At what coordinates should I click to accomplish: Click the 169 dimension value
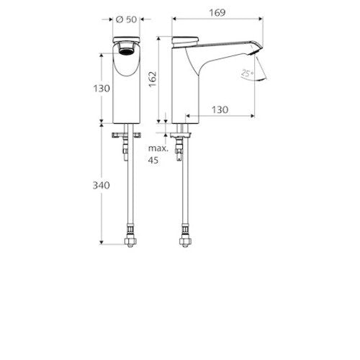point(217,13)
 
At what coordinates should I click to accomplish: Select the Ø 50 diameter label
point(126,19)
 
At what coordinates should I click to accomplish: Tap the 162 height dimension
point(153,79)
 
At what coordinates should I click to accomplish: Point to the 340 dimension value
point(102,185)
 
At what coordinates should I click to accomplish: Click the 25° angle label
point(247,73)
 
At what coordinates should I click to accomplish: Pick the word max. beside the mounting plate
point(158,148)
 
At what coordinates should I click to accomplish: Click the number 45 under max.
point(153,160)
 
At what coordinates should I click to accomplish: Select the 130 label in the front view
point(102,89)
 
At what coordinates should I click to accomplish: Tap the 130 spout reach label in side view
point(220,110)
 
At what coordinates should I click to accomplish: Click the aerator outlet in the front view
point(126,51)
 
